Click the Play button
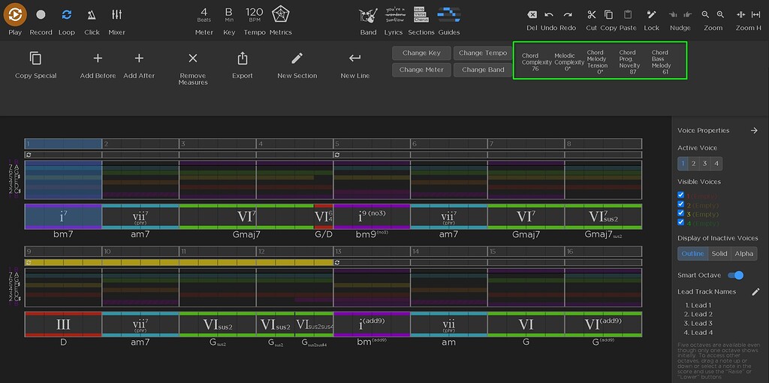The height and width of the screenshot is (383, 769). coord(15,15)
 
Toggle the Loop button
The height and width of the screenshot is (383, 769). coord(67,15)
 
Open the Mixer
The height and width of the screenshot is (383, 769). coord(116,15)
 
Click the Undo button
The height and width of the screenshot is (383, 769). coord(549,14)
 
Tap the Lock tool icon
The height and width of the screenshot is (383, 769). coord(651,14)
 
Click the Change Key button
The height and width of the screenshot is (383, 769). coord(421,53)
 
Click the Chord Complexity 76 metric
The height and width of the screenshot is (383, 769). coord(535,62)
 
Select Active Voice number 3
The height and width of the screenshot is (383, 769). coord(705,163)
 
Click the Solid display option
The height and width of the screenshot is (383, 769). coord(719,254)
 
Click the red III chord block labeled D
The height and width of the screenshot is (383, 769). coord(63,324)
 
